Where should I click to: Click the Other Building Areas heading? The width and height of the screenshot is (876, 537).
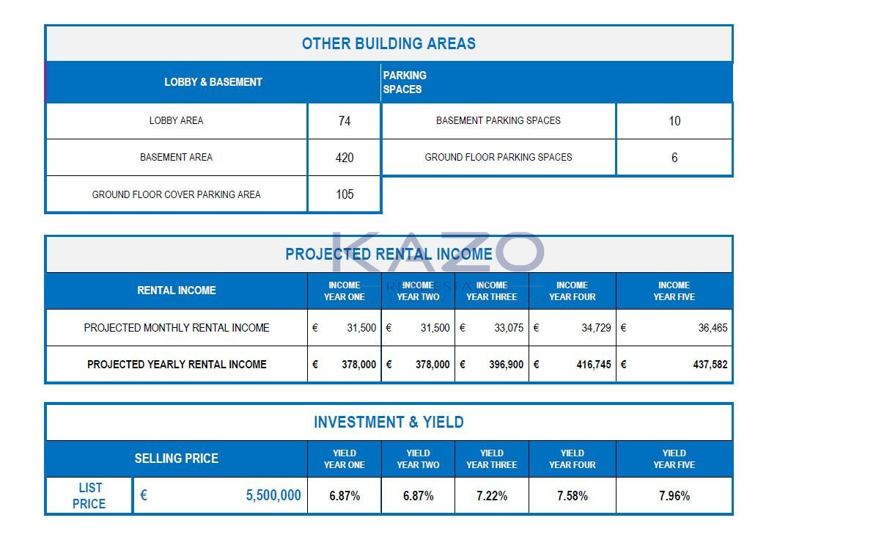pos(389,43)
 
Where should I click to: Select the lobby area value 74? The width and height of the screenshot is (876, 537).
pos(345,121)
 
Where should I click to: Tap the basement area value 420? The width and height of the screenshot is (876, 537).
pos(345,158)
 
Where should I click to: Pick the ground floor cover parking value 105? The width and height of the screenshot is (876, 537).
pos(345,194)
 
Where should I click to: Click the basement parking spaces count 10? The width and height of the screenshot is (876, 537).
pos(674,121)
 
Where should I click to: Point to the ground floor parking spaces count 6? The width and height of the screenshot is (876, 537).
pos(674,158)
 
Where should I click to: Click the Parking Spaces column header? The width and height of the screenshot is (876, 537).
pos(404,82)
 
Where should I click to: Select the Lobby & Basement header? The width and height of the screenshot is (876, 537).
pos(213,82)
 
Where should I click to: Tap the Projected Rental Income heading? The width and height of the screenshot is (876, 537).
pos(389,255)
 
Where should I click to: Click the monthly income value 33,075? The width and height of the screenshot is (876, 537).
pos(509,328)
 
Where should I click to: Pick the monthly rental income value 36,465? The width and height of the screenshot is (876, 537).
pos(713,328)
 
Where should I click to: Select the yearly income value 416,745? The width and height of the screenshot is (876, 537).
pos(593,365)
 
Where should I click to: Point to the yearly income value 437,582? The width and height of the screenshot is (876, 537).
pos(710,365)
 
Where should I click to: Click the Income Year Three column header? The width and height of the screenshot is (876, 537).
pos(491,291)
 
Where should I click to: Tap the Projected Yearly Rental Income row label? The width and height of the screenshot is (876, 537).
pos(177,365)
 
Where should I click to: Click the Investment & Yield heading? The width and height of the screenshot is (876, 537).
pos(389,423)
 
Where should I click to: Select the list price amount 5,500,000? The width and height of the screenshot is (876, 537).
pos(273,496)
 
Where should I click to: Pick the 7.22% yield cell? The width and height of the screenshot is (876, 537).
pos(491,496)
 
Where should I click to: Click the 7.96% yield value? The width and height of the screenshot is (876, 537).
pos(674,496)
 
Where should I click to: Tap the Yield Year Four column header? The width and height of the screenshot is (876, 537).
pos(572,459)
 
